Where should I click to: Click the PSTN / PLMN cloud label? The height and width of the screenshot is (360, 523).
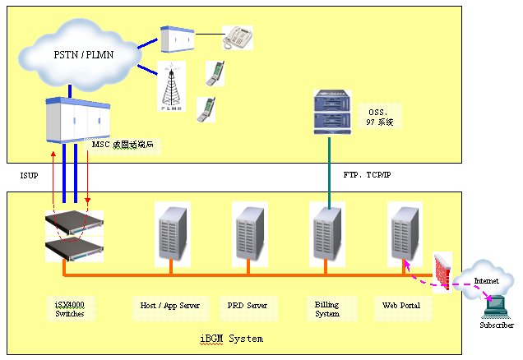80,54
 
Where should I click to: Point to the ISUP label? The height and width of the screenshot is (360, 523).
29,176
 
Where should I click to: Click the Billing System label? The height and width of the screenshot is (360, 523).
326,309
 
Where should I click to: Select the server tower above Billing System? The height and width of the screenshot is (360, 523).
327,232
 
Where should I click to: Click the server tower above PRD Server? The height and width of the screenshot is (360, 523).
249,232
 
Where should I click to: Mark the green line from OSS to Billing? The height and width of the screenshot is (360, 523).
330,168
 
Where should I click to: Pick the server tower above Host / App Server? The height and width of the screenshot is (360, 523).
171,232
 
